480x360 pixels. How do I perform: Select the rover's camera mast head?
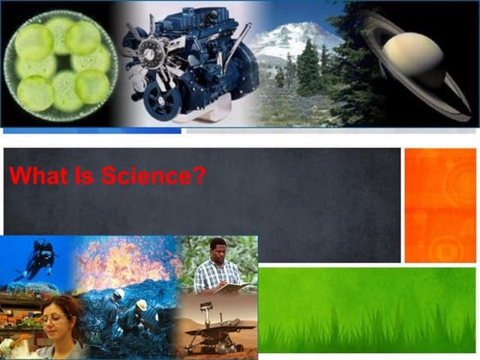(205, 305)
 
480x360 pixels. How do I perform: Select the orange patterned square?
(440, 205)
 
